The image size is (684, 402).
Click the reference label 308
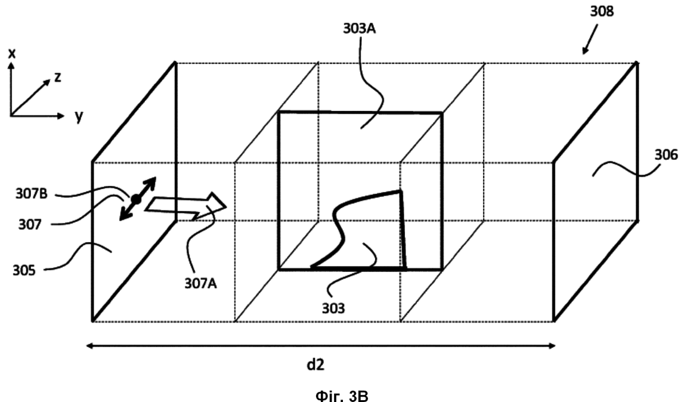(x=602, y=11)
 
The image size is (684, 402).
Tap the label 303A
(x=360, y=29)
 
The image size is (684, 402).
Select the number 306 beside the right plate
(x=666, y=155)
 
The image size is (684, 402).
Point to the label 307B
(x=32, y=193)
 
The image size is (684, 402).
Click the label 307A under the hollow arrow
(x=200, y=284)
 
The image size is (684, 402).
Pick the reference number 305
(x=24, y=271)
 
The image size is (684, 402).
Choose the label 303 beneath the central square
(x=333, y=308)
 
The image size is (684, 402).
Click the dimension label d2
(x=315, y=364)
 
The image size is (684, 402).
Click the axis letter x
(x=12, y=53)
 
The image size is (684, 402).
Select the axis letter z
(x=58, y=78)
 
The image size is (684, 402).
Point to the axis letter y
(x=79, y=116)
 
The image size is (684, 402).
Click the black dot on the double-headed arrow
(x=135, y=199)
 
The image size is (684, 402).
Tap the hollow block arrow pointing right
(x=186, y=205)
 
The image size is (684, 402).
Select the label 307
(x=30, y=224)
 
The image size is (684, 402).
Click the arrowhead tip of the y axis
(x=64, y=116)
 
